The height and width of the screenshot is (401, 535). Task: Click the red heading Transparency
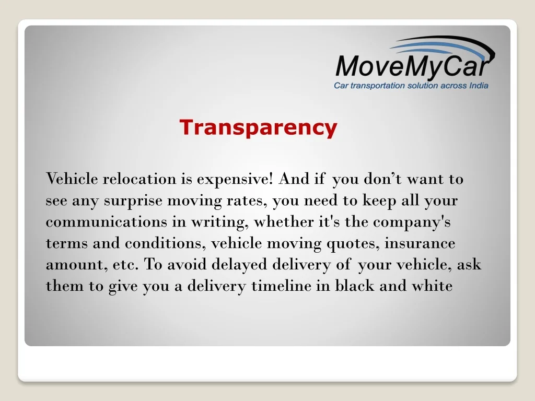[x=258, y=127]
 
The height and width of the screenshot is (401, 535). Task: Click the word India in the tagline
[x=478, y=86]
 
